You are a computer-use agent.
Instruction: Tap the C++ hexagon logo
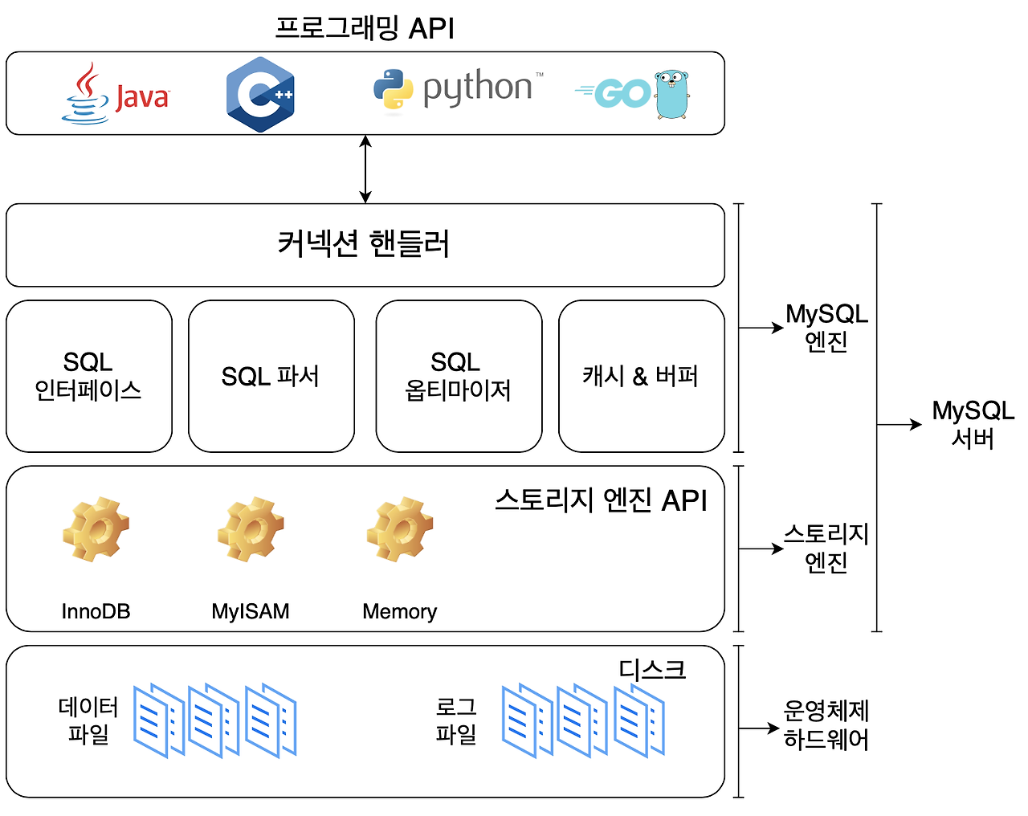pyautogui.click(x=260, y=94)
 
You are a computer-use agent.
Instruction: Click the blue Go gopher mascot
pyautogui.click(x=672, y=95)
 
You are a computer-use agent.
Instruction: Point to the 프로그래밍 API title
pyautogui.click(x=365, y=28)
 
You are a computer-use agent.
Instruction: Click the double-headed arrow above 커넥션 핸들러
pyautogui.click(x=365, y=169)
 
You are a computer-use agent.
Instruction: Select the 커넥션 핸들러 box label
pyautogui.click(x=364, y=244)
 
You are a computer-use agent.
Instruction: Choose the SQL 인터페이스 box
pyautogui.click(x=88, y=376)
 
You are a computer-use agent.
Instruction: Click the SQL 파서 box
pyautogui.click(x=271, y=376)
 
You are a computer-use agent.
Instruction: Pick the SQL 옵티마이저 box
pyautogui.click(x=458, y=376)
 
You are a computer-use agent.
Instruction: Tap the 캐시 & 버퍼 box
pyautogui.click(x=641, y=376)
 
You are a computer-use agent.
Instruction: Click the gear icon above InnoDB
pyautogui.click(x=96, y=529)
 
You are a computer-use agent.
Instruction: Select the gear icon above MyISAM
pyautogui.click(x=251, y=529)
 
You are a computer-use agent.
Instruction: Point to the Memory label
pyautogui.click(x=399, y=612)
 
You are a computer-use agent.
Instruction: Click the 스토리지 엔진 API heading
pyautogui.click(x=601, y=500)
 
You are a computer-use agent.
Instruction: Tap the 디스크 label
pyautogui.click(x=652, y=669)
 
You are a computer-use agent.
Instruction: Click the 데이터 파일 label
pyautogui.click(x=88, y=720)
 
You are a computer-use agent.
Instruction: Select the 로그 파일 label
pyautogui.click(x=456, y=720)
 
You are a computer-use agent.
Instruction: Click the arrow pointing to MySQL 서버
pyautogui.click(x=899, y=424)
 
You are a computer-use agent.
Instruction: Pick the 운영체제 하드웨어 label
pyautogui.click(x=826, y=724)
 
